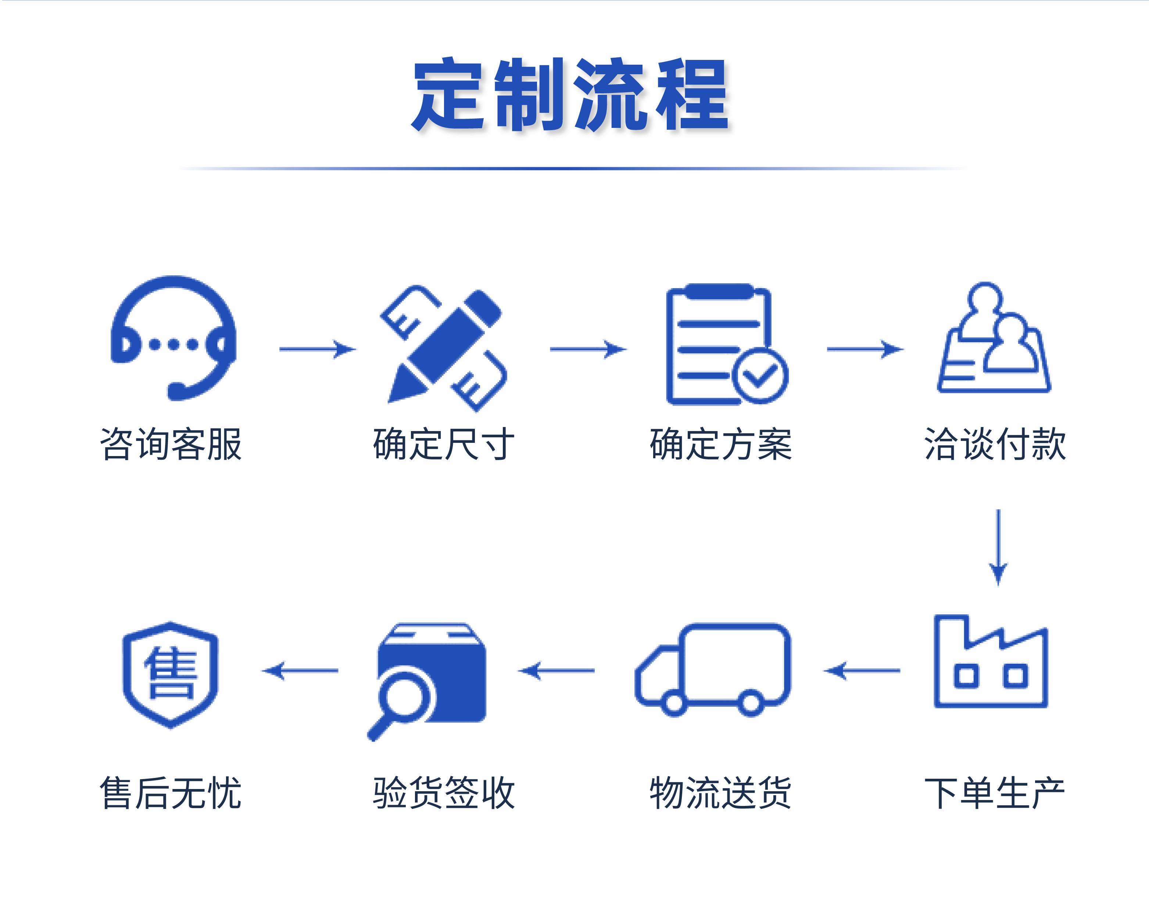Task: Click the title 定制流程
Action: click(x=570, y=95)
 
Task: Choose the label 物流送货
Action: click(x=720, y=792)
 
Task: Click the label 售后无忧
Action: click(x=171, y=792)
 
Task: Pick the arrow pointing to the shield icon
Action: click(x=300, y=671)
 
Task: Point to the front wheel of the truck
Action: click(x=674, y=703)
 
